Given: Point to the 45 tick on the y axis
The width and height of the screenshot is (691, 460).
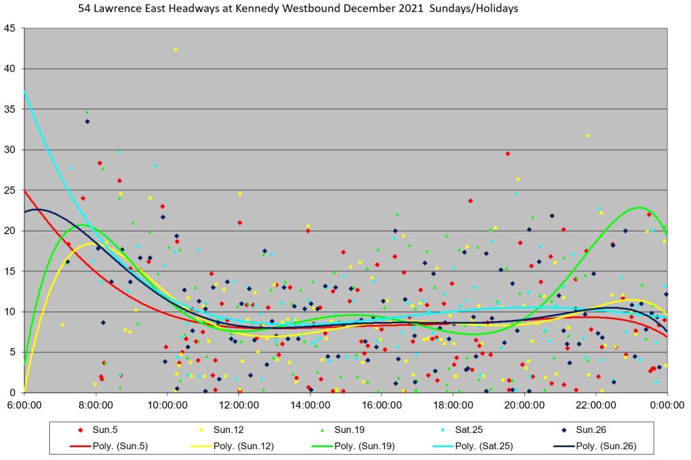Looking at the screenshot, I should [10, 28].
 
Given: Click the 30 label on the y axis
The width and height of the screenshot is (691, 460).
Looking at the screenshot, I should [10, 150].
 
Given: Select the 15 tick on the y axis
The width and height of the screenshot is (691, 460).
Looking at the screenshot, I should [10, 271].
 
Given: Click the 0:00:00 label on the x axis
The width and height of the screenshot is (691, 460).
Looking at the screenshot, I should [667, 405].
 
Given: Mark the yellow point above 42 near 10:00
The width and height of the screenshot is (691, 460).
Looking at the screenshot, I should [175, 49].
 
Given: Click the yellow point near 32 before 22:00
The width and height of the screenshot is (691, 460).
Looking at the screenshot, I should [587, 136].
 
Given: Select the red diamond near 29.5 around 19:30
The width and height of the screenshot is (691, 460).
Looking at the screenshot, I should [507, 154].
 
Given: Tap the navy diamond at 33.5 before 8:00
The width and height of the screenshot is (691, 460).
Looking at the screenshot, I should [87, 121].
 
